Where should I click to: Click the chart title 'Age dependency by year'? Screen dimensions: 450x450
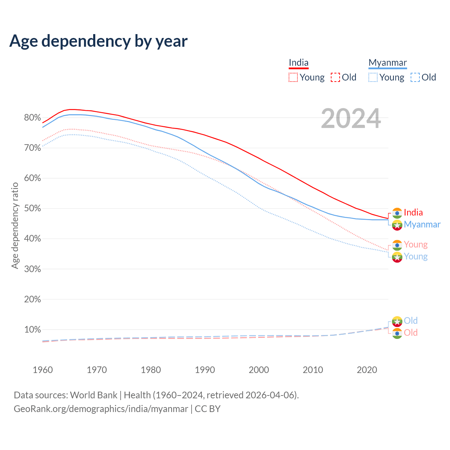[x=98, y=41]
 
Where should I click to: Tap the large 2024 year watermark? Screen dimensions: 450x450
[x=351, y=118]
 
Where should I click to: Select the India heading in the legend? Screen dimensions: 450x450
[x=298, y=63]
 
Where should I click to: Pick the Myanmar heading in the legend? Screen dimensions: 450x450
[x=387, y=63]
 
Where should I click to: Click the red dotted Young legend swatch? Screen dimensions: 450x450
[x=293, y=77]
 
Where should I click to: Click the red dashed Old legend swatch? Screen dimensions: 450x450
[x=335, y=77]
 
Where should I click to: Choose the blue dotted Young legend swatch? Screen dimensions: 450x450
[x=373, y=77]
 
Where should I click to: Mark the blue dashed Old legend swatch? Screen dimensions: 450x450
[x=415, y=77]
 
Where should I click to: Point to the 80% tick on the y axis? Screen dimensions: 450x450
[x=32, y=118]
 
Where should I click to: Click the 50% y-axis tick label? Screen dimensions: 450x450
[x=32, y=208]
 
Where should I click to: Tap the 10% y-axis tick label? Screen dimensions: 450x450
[x=32, y=330]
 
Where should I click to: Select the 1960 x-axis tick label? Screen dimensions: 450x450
[x=43, y=370]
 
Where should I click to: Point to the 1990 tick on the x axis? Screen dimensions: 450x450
[x=205, y=370]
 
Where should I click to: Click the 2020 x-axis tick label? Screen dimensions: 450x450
[x=367, y=370]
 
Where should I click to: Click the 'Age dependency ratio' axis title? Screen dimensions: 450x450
[x=15, y=225]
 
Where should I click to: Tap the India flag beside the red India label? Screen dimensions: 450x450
[x=397, y=213]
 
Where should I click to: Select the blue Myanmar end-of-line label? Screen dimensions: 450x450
[x=422, y=224]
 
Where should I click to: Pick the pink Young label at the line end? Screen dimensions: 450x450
[x=416, y=244]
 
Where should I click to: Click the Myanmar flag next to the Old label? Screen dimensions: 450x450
[x=397, y=321]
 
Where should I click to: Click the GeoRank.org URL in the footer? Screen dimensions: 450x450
[x=101, y=409]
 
